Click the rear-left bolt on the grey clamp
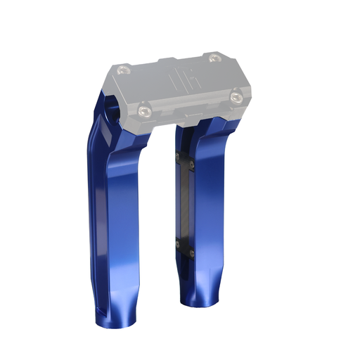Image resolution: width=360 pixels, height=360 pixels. click(125, 69)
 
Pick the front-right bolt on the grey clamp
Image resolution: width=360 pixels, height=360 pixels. click(237, 94)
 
